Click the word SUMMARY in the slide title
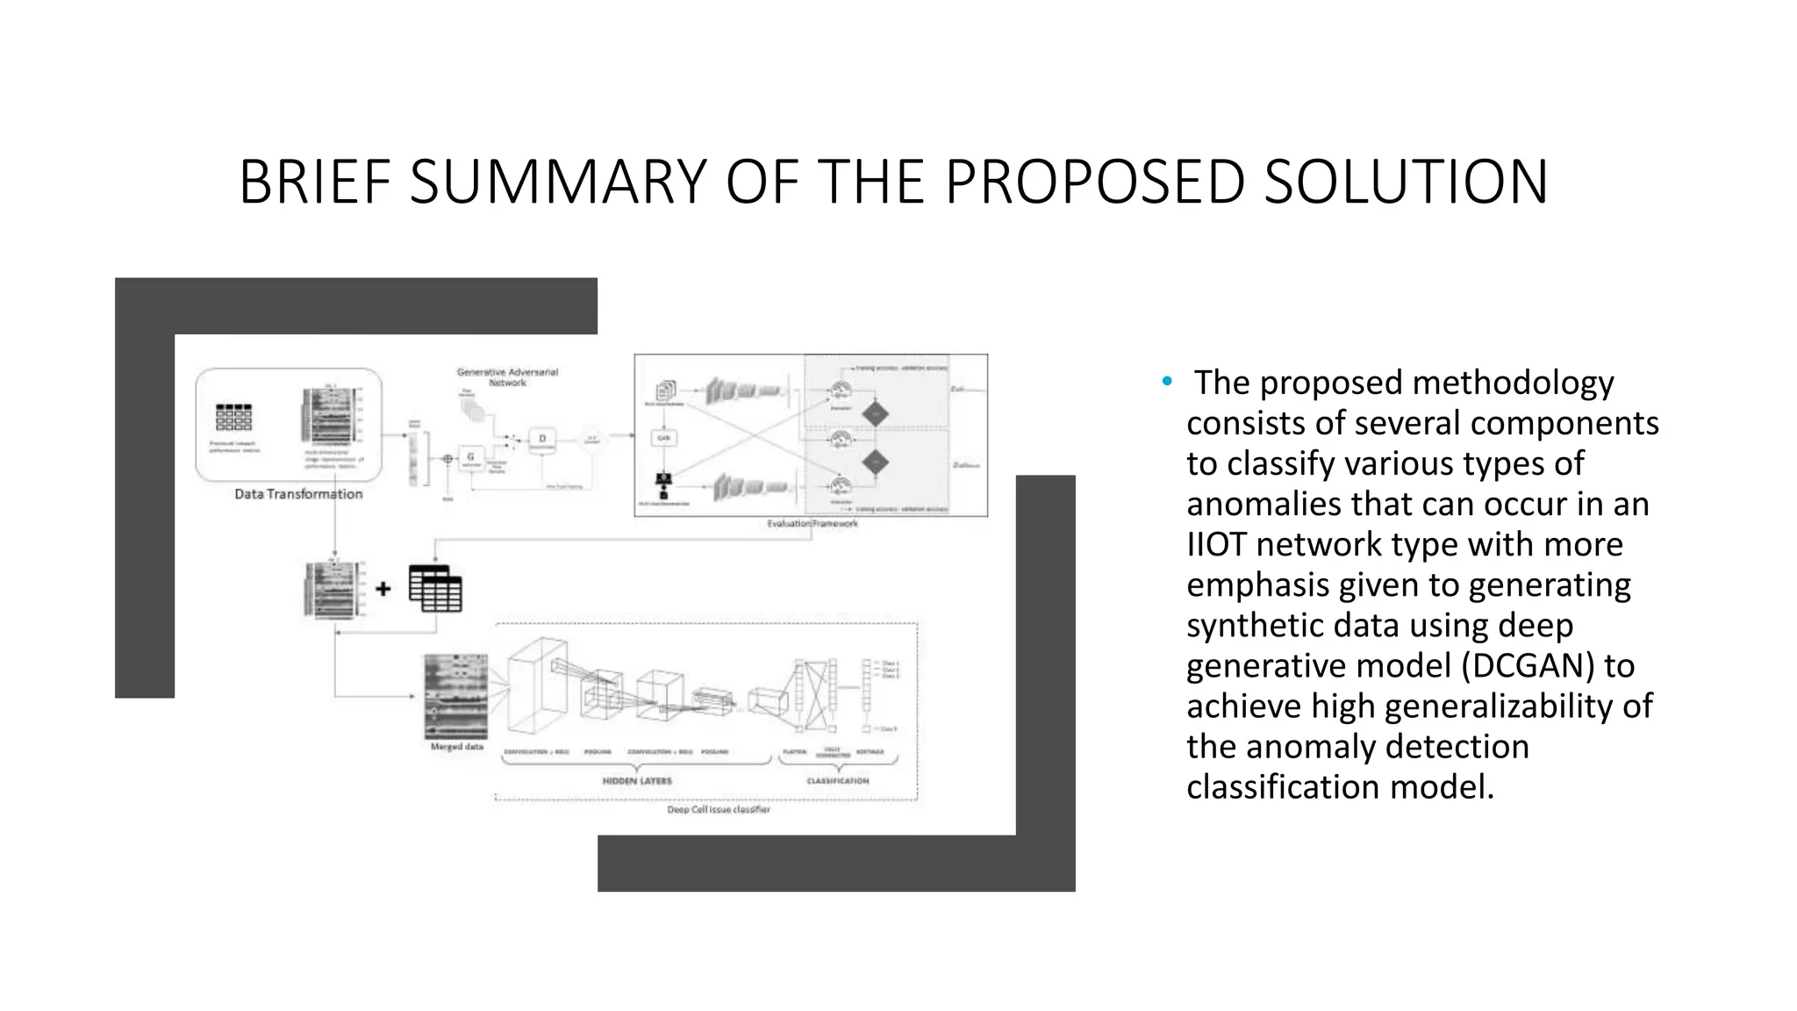tap(558, 183)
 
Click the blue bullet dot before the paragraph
tap(1167, 381)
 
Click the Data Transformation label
tap(298, 494)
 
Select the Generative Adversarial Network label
tap(507, 377)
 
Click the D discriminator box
tap(542, 439)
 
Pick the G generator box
tap(471, 457)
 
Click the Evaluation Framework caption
tap(813, 524)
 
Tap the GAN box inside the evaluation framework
tap(664, 437)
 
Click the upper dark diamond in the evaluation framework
tap(875, 414)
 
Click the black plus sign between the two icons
tap(383, 589)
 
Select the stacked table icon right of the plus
tap(435, 589)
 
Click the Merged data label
tap(456, 747)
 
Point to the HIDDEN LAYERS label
tap(637, 781)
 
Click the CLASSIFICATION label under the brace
tap(838, 781)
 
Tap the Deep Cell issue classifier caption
tap(718, 810)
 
